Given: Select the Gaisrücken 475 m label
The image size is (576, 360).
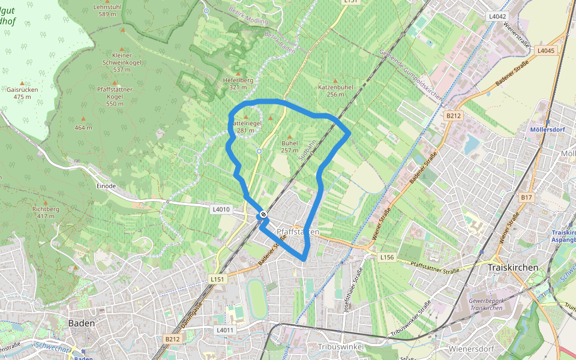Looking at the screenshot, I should tap(23, 92).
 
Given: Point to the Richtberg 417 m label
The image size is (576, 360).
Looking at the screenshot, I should tap(46, 212).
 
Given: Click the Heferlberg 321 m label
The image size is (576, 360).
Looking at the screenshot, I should tap(238, 83).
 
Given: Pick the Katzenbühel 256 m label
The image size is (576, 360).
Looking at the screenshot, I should tap(335, 91).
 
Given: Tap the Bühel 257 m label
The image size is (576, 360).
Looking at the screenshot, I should tap(289, 146).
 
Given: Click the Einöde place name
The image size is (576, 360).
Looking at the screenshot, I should tap(106, 186).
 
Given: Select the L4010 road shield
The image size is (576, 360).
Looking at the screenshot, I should tap(221, 209).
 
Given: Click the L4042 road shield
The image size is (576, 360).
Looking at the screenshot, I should tap(497, 16).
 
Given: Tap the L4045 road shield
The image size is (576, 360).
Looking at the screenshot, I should tap(546, 50).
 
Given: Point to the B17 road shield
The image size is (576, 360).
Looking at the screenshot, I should tap(526, 197).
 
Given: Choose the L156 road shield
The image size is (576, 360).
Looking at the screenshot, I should tap(387, 257).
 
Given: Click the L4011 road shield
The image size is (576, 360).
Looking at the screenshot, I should tap(224, 330).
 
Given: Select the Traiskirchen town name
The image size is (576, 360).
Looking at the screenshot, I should tap(513, 267).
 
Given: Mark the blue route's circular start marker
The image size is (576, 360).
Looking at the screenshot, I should tap(263, 215).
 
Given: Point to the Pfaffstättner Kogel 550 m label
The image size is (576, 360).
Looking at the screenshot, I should tap(115, 97).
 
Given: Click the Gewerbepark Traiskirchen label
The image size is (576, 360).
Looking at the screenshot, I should tap(485, 304).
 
